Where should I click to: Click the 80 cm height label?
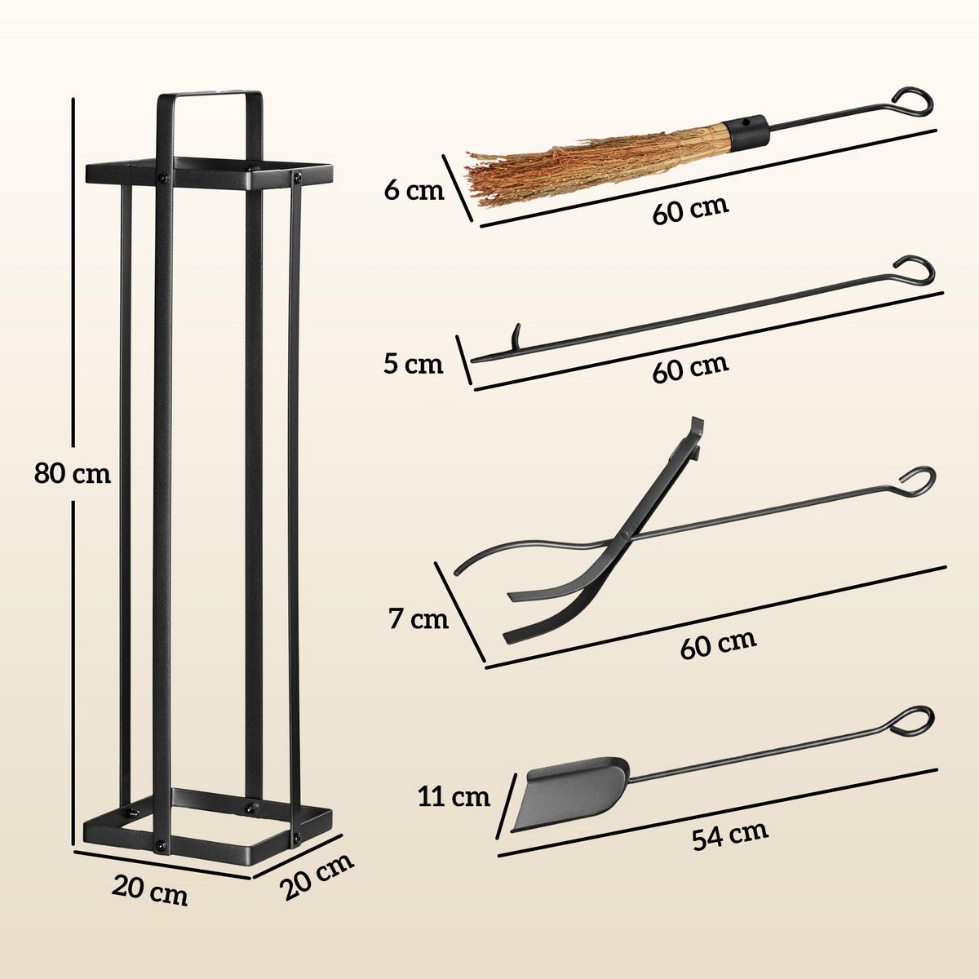(x=72, y=473)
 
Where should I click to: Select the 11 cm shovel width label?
(x=454, y=795)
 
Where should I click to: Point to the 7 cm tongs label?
(x=418, y=619)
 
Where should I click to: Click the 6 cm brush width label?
(x=414, y=191)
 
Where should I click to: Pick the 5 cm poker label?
(x=414, y=364)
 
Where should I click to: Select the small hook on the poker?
(x=516, y=337)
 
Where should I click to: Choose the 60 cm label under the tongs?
(x=718, y=644)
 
